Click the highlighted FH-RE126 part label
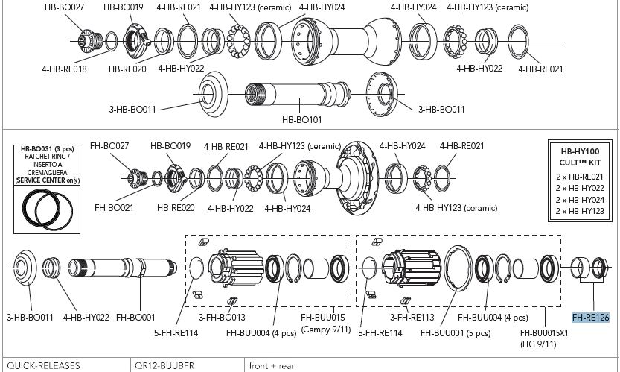[590, 317]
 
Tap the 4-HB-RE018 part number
[64, 68]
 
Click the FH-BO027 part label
[110, 146]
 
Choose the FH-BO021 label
[115, 207]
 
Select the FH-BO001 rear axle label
[135, 317]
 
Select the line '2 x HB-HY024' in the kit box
[579, 199]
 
